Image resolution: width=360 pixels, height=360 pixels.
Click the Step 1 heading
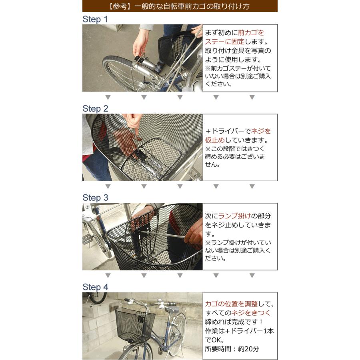coord(95,19)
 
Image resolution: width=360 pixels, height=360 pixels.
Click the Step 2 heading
coord(95,108)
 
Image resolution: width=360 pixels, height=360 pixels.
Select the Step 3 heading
coord(95,198)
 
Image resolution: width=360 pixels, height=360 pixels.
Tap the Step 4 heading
coord(95,287)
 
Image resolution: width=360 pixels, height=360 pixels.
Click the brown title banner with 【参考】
coord(180,6)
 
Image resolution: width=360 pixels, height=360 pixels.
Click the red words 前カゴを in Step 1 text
coord(251,33)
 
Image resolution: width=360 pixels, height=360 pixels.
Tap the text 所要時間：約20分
coord(232,348)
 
